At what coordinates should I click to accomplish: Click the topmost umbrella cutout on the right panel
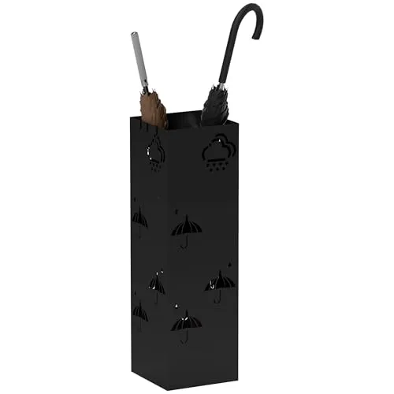pos(186,229)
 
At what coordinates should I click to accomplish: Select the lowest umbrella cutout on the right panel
pos(186,322)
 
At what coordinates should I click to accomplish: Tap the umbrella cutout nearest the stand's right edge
pos(220,281)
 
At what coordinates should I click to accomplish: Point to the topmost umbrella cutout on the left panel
pos(140,217)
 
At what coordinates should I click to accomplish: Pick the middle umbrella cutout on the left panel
pos(157,284)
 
